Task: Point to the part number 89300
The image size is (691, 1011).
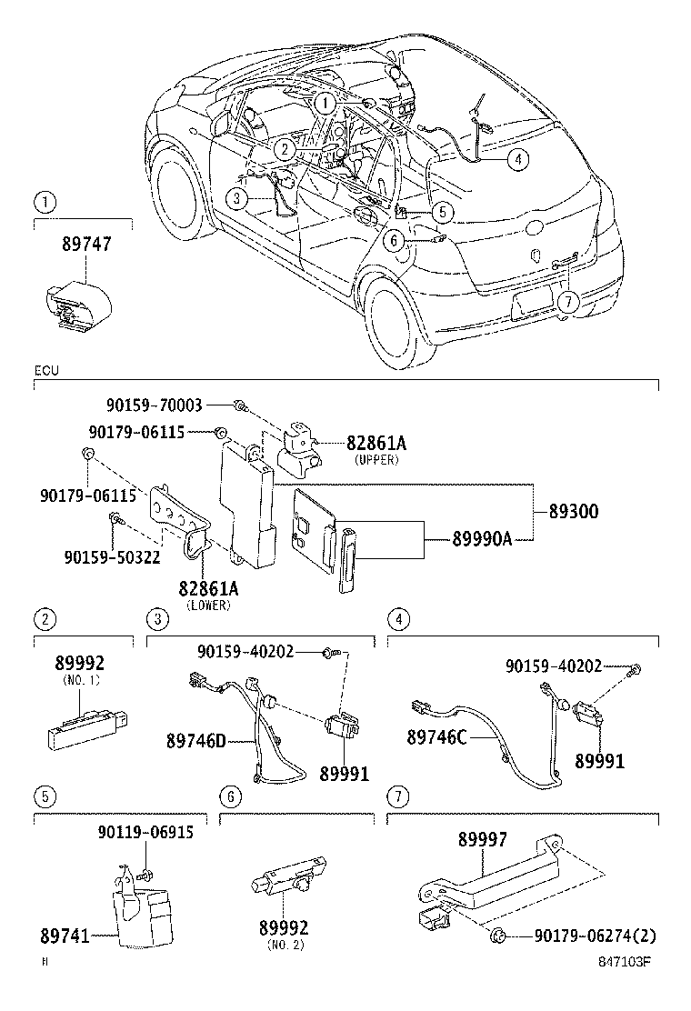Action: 573,512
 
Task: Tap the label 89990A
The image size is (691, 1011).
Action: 482,540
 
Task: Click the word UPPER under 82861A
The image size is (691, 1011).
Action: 376,460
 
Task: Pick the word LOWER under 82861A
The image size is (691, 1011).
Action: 208,606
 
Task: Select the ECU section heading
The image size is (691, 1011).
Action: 46,372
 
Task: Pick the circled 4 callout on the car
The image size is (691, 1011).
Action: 516,159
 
